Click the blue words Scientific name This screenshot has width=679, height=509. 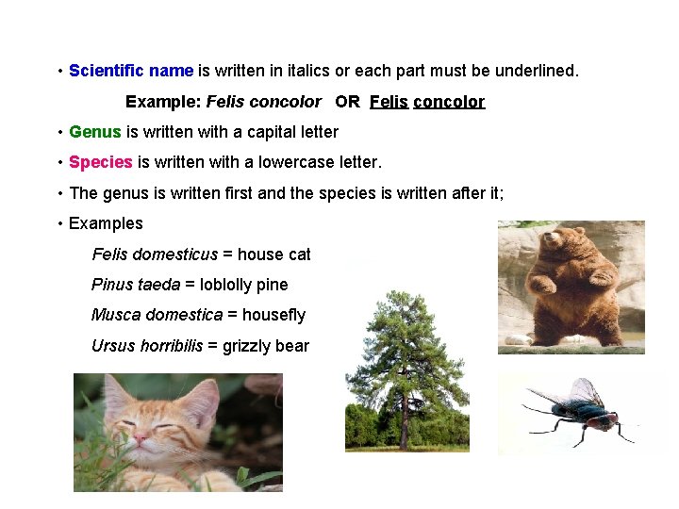click(x=131, y=71)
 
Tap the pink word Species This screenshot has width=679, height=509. click(x=100, y=162)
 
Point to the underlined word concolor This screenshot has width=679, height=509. click(x=449, y=101)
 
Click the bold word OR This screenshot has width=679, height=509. click(x=347, y=101)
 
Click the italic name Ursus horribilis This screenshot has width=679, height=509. click(x=146, y=346)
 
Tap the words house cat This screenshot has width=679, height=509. click(x=273, y=254)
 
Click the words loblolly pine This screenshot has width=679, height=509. click(x=251, y=285)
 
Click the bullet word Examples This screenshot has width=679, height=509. click(x=106, y=223)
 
